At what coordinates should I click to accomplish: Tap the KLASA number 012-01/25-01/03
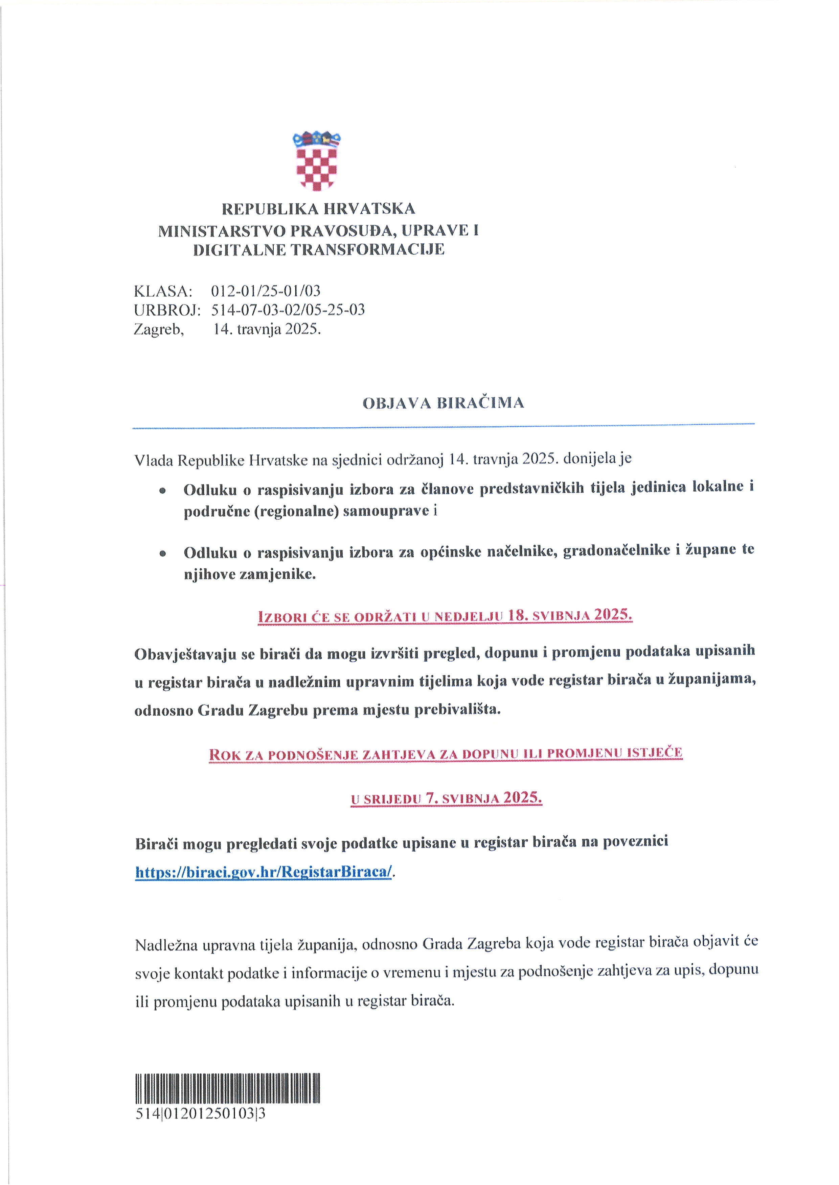tap(266, 291)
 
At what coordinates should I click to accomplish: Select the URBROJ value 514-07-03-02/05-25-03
tap(288, 310)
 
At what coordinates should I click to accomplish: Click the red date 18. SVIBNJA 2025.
tap(570, 615)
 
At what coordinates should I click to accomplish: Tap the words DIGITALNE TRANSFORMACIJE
tap(318, 250)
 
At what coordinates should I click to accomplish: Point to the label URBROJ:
tap(167, 310)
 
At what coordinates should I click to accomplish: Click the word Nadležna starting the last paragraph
tap(166, 945)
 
